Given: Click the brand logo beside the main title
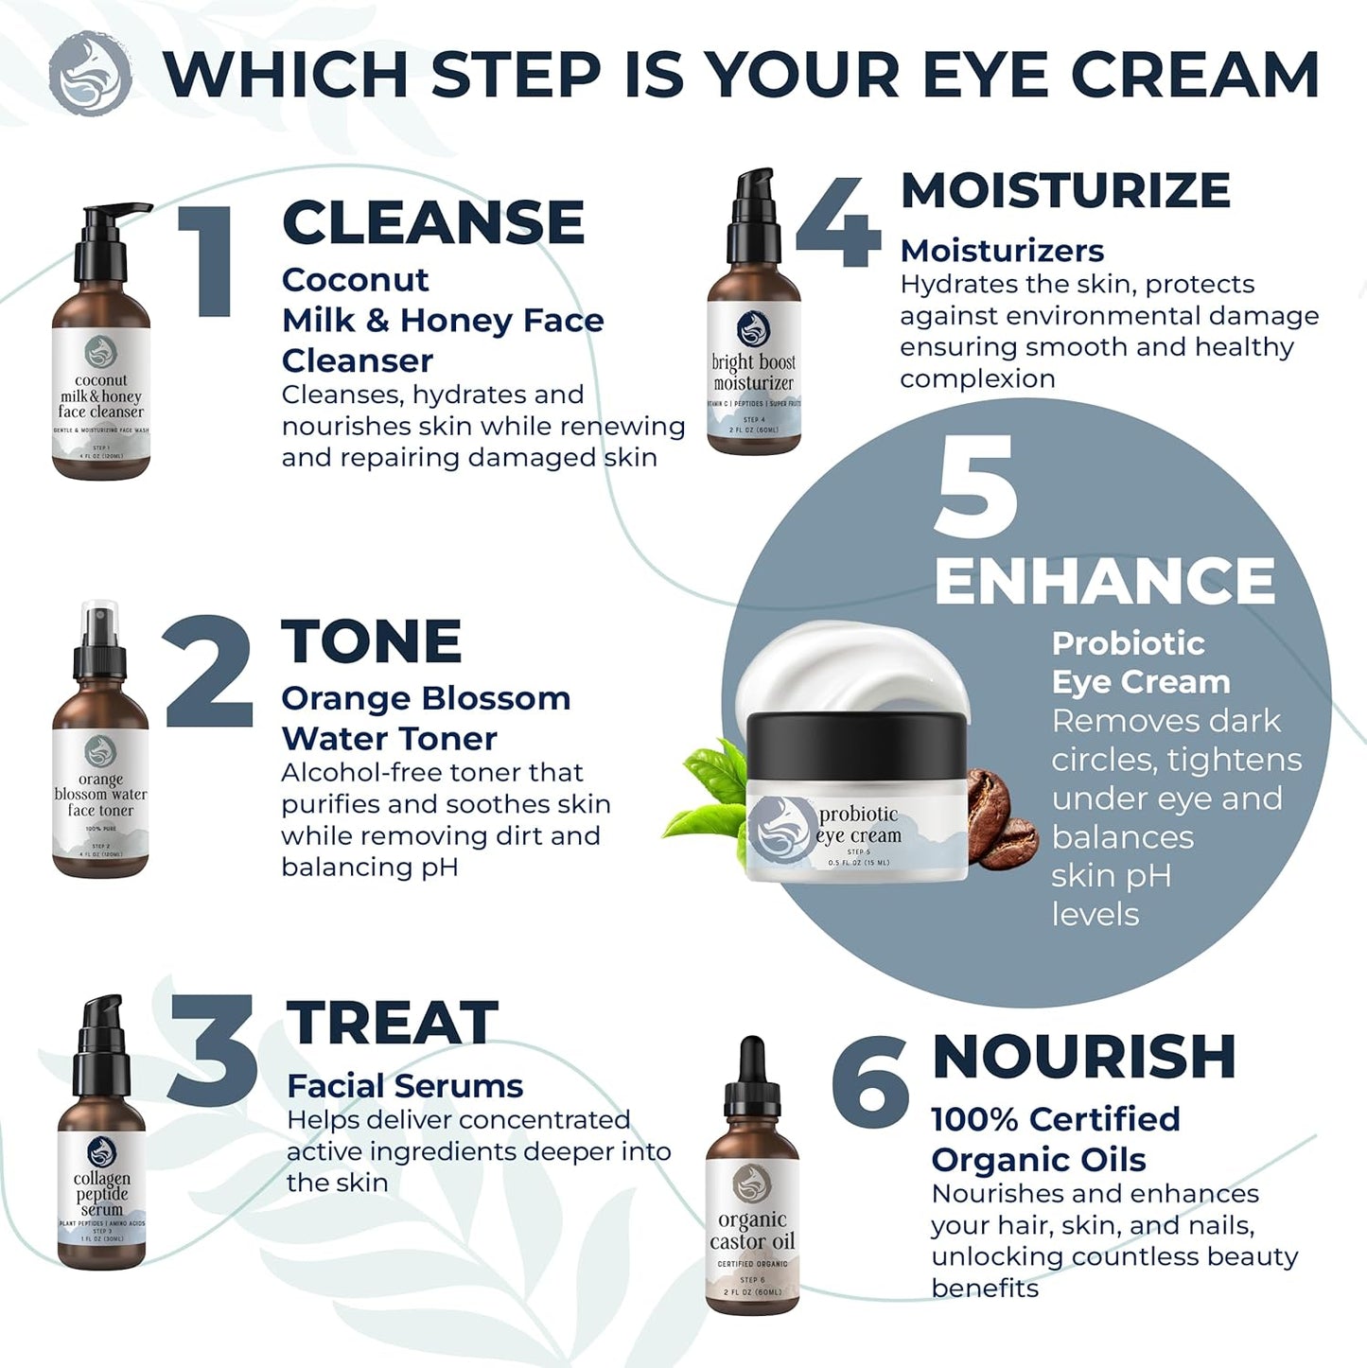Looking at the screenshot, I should [x=90, y=74].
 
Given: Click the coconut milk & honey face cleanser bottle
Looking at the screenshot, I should [x=100, y=360].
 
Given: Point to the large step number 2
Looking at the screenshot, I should [x=208, y=673].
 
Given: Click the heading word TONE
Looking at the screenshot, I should [x=371, y=641].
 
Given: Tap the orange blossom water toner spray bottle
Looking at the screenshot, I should [x=100, y=757].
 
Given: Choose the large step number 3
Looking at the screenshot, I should [x=213, y=1050].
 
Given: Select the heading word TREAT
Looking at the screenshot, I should [x=392, y=1023].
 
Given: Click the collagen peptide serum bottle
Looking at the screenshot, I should [x=101, y=1154].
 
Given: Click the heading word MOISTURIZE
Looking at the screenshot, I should [x=1065, y=190].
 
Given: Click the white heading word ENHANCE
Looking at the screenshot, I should [x=1104, y=580].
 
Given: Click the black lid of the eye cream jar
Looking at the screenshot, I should [x=857, y=744].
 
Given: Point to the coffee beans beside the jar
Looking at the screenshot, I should [x=1000, y=819].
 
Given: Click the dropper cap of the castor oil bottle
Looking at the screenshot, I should [x=752, y=1079].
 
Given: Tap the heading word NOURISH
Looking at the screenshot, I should [x=1083, y=1057].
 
